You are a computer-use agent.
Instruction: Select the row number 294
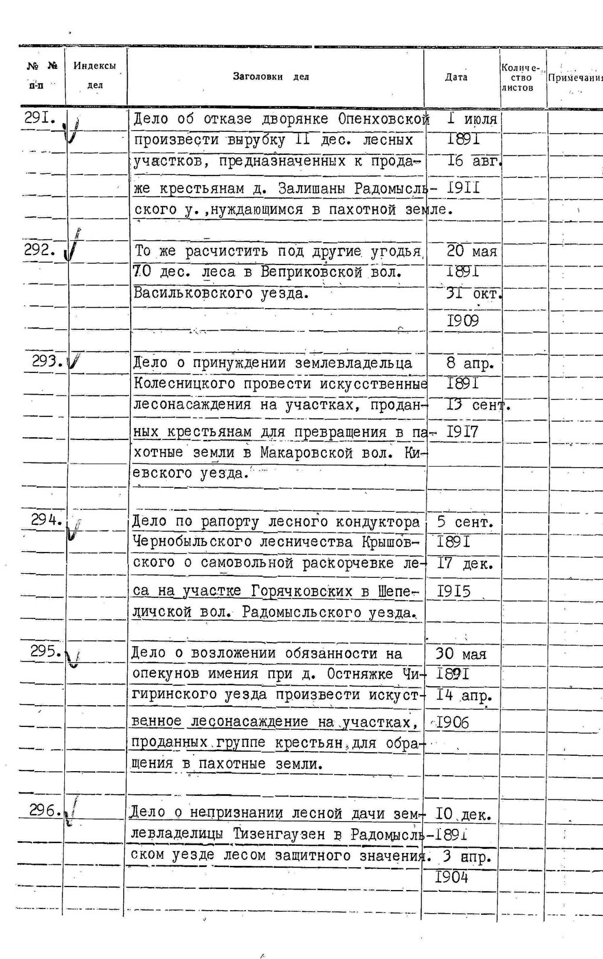[47, 520]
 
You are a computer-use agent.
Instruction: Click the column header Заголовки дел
[271, 77]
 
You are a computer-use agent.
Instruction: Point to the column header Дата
[456, 77]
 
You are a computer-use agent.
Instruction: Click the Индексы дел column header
[94, 75]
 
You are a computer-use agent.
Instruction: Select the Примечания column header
[575, 78]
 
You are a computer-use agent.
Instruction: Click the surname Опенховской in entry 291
[383, 119]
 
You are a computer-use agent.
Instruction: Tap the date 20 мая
[472, 251]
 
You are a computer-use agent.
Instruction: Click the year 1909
[463, 320]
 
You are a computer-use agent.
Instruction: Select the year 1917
[463, 432]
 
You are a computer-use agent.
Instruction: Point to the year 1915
[454, 591]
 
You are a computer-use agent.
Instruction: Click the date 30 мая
[461, 654]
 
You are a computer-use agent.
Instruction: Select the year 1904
[452, 877]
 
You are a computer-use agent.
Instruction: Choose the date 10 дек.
[463, 815]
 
